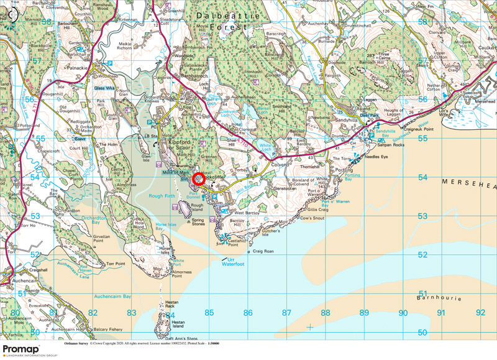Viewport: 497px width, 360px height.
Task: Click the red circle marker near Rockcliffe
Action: click(200, 178)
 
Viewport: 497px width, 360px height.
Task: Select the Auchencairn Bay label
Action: click(109, 296)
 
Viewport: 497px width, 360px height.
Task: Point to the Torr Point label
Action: click(116, 264)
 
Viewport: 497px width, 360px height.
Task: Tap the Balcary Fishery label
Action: click(109, 329)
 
